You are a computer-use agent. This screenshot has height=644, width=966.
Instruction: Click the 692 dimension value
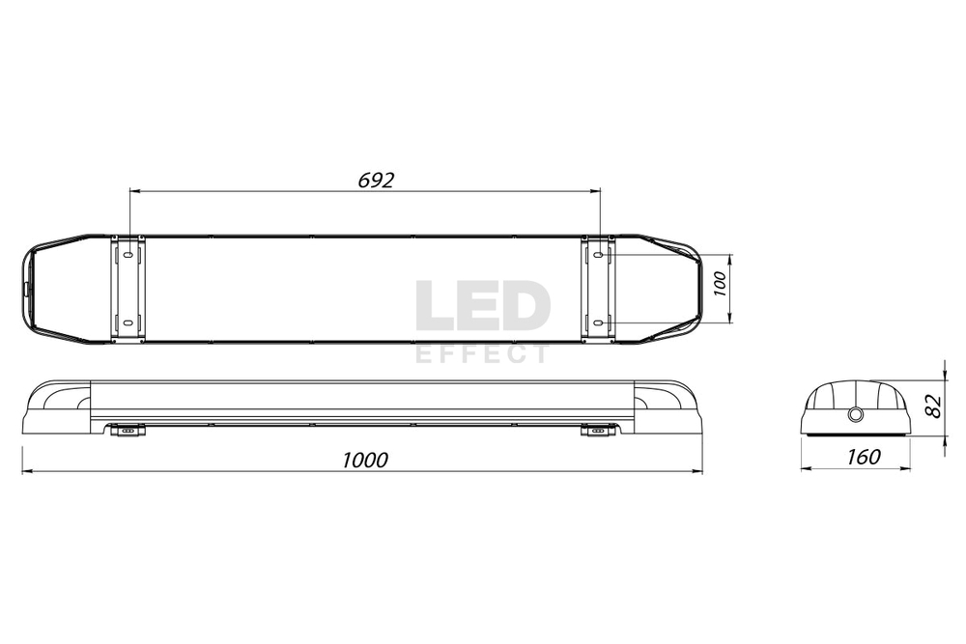coord(376,181)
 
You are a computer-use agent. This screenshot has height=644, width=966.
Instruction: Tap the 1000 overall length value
coord(365,460)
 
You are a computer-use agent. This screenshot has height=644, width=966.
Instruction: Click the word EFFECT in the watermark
coord(482,354)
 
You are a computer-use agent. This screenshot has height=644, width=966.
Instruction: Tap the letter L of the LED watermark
coord(434,306)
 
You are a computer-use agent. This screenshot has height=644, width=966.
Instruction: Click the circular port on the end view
coord(855,414)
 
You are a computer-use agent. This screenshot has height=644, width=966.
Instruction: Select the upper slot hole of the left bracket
coord(127,255)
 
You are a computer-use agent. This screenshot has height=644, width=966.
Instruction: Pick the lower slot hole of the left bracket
coord(127,322)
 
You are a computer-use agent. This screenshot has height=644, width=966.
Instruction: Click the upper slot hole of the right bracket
coord(598,255)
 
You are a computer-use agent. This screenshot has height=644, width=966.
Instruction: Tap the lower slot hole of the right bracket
coord(598,322)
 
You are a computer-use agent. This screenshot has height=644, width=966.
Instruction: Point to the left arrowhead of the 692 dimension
coord(133,191)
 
